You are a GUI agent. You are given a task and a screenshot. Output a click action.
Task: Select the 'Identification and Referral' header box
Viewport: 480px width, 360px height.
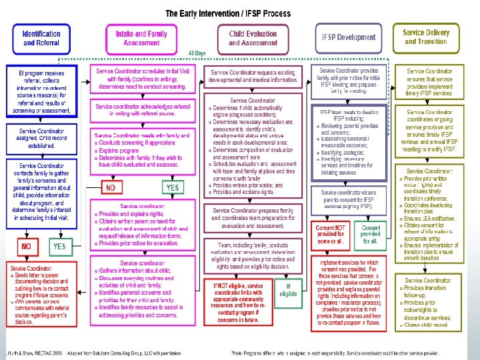tap(41, 38)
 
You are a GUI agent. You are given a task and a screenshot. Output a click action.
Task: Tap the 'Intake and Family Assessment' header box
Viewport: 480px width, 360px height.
tap(141, 38)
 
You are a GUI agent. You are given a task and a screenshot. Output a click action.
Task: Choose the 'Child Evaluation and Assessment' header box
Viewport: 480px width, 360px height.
tap(253, 38)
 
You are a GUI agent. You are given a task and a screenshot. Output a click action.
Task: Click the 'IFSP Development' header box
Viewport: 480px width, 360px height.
tap(349, 38)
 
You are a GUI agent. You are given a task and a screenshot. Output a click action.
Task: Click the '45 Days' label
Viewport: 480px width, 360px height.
tap(196, 52)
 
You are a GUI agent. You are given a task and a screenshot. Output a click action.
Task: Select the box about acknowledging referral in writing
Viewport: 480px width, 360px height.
tap(142, 111)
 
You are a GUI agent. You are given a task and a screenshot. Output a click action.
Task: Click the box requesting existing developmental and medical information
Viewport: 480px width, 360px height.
tap(254, 75)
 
